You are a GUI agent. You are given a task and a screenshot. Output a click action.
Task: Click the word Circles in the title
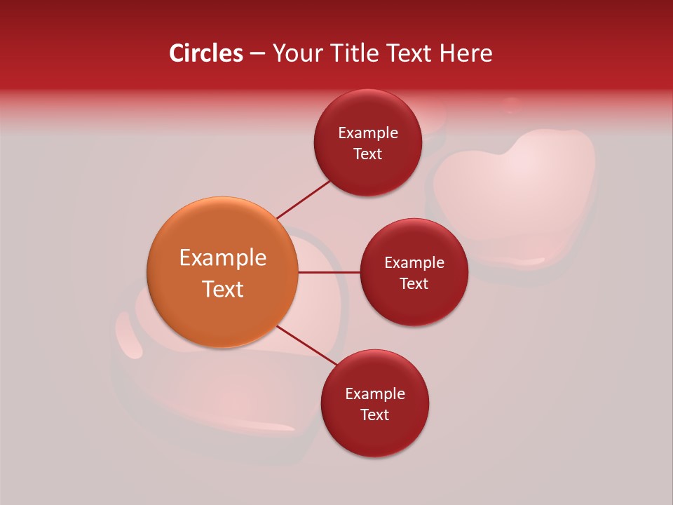(206, 53)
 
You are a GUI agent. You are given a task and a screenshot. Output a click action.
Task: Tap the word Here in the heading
(465, 53)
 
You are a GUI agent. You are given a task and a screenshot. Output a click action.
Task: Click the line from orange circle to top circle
(304, 198)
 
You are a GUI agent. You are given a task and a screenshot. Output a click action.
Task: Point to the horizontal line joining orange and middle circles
(329, 272)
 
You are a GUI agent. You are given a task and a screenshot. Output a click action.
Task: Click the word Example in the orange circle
(223, 258)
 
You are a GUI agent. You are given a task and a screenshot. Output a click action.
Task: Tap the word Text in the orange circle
(223, 289)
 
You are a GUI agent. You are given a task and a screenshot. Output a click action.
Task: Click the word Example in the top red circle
(368, 133)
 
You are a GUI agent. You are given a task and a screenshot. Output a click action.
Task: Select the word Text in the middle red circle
(414, 283)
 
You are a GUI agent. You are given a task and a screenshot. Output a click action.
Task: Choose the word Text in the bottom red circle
(374, 415)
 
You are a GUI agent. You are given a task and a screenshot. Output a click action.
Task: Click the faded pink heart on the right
(515, 189)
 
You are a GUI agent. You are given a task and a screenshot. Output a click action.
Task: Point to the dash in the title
(257, 53)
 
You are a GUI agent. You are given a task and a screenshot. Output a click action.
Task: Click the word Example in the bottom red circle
(374, 393)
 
